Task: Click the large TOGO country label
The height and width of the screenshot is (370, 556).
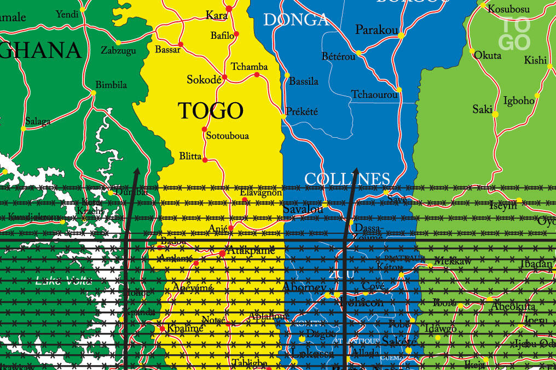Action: [211, 111]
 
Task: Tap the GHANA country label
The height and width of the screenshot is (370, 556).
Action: [40, 51]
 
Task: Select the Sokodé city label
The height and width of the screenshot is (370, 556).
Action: [204, 79]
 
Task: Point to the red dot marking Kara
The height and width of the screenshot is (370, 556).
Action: [229, 9]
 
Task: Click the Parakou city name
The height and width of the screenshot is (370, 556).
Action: [377, 30]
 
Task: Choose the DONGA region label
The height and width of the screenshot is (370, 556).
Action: [296, 20]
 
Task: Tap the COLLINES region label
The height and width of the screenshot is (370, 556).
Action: [347, 179]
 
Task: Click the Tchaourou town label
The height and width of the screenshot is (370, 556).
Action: [374, 95]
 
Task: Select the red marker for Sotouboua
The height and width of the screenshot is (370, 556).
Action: [205, 130]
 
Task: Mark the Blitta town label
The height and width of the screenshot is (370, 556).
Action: [190, 156]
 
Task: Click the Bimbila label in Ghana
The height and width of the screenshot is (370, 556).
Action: [111, 85]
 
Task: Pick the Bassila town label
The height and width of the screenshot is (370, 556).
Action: [304, 81]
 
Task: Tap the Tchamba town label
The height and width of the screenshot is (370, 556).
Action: [249, 67]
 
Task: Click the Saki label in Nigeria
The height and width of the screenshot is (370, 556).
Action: [482, 110]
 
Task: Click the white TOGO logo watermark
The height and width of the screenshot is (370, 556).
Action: [516, 33]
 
